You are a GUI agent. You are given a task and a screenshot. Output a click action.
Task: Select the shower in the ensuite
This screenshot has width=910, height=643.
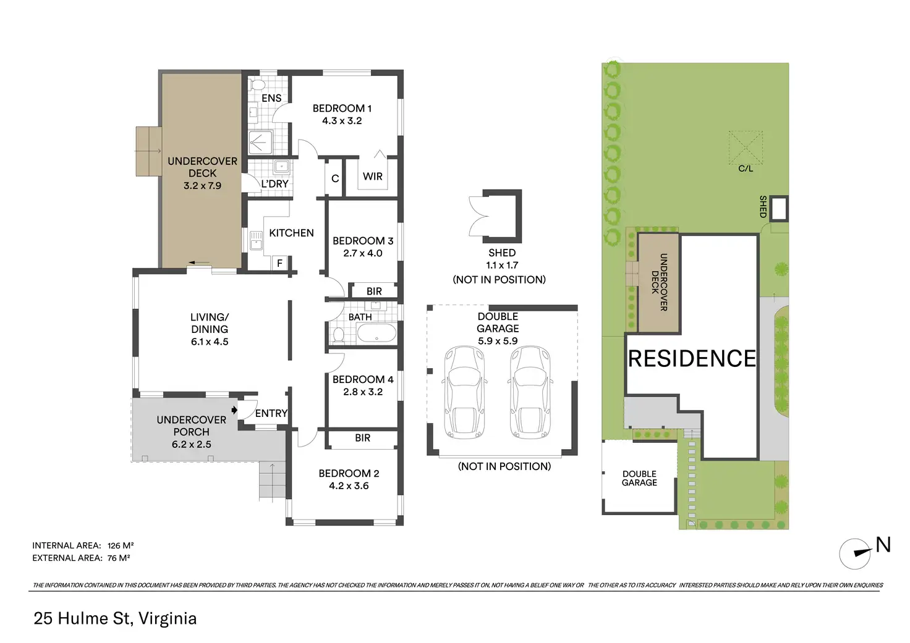tap(260, 143)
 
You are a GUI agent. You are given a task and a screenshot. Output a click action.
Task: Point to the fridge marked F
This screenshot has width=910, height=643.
tap(279, 263)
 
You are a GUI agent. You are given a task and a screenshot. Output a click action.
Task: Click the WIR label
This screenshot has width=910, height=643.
tap(373, 177)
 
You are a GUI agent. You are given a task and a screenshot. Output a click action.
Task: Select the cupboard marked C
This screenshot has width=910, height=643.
tap(335, 179)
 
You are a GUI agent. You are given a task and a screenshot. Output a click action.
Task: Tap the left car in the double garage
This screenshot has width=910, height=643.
tap(464, 392)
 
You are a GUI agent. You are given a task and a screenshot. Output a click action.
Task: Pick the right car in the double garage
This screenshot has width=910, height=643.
tap(530, 392)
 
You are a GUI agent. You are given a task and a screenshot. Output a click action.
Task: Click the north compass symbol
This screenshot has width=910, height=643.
tap(855, 553)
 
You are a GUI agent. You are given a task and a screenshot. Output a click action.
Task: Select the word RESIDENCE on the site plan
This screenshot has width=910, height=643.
tap(692, 359)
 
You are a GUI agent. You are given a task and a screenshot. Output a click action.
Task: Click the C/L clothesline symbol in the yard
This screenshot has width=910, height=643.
tap(746, 148)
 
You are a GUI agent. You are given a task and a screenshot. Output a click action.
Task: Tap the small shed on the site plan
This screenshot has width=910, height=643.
tap(779, 209)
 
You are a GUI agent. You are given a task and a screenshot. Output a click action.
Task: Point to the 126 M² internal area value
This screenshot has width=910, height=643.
tap(121, 545)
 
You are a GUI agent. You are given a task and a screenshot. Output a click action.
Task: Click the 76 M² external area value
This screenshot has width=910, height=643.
tap(119, 558)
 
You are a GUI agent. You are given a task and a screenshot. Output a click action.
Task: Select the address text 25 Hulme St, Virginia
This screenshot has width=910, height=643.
tap(115, 619)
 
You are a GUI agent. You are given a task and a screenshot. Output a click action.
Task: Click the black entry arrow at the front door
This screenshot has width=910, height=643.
tap(234, 410)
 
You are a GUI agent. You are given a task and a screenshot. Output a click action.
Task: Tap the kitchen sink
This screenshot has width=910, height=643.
tap(256, 241)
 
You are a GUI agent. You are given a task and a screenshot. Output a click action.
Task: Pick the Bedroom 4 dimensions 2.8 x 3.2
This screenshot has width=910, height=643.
tap(363, 392)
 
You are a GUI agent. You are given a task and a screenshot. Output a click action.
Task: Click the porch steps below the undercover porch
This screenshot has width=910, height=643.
tap(272, 482)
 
